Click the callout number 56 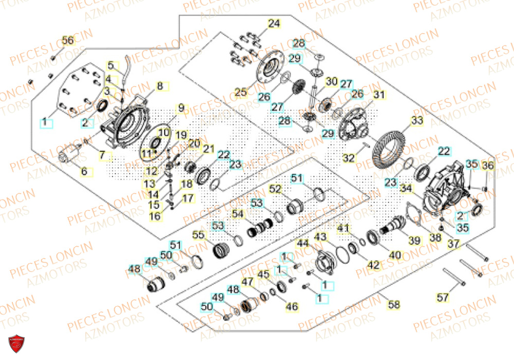coord(68,40)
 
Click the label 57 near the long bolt coord(443,297)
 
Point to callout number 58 coord(394,305)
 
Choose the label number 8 coord(160,86)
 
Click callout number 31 coord(379,95)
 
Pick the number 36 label coord(488,166)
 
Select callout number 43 coord(321,237)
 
